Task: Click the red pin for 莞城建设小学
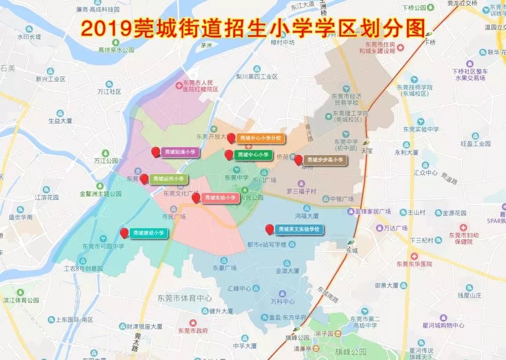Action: click(x=124, y=233)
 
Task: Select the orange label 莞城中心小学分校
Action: click(x=260, y=138)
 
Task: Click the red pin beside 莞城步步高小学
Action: click(x=298, y=160)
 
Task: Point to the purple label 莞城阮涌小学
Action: click(x=180, y=152)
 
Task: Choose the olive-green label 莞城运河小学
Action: click(x=169, y=179)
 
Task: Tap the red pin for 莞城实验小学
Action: click(x=196, y=198)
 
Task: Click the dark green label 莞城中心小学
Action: click(x=253, y=154)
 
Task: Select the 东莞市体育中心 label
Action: click(x=185, y=298)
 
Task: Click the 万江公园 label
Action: click(x=106, y=160)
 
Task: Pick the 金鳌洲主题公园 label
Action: click(x=101, y=193)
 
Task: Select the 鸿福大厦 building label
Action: click(x=307, y=216)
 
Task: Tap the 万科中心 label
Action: click(x=282, y=301)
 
